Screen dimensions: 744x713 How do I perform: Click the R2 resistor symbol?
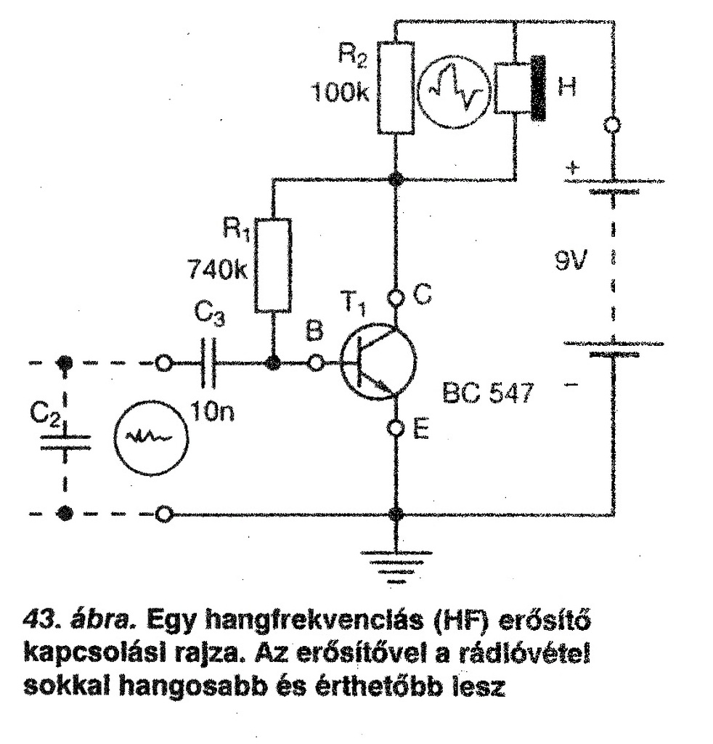pos(396,88)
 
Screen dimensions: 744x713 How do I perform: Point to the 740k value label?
pos(216,271)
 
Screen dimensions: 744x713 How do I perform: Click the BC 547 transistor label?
pos(487,395)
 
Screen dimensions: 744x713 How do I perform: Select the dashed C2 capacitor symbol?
pos(65,440)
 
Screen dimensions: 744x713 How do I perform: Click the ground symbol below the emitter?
pos(396,566)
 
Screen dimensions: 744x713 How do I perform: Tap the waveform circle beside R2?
pos(455,89)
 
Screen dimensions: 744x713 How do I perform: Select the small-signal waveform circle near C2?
pos(150,439)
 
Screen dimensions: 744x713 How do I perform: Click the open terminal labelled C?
pos(396,296)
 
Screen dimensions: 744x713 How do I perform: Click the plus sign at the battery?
pos(573,169)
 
